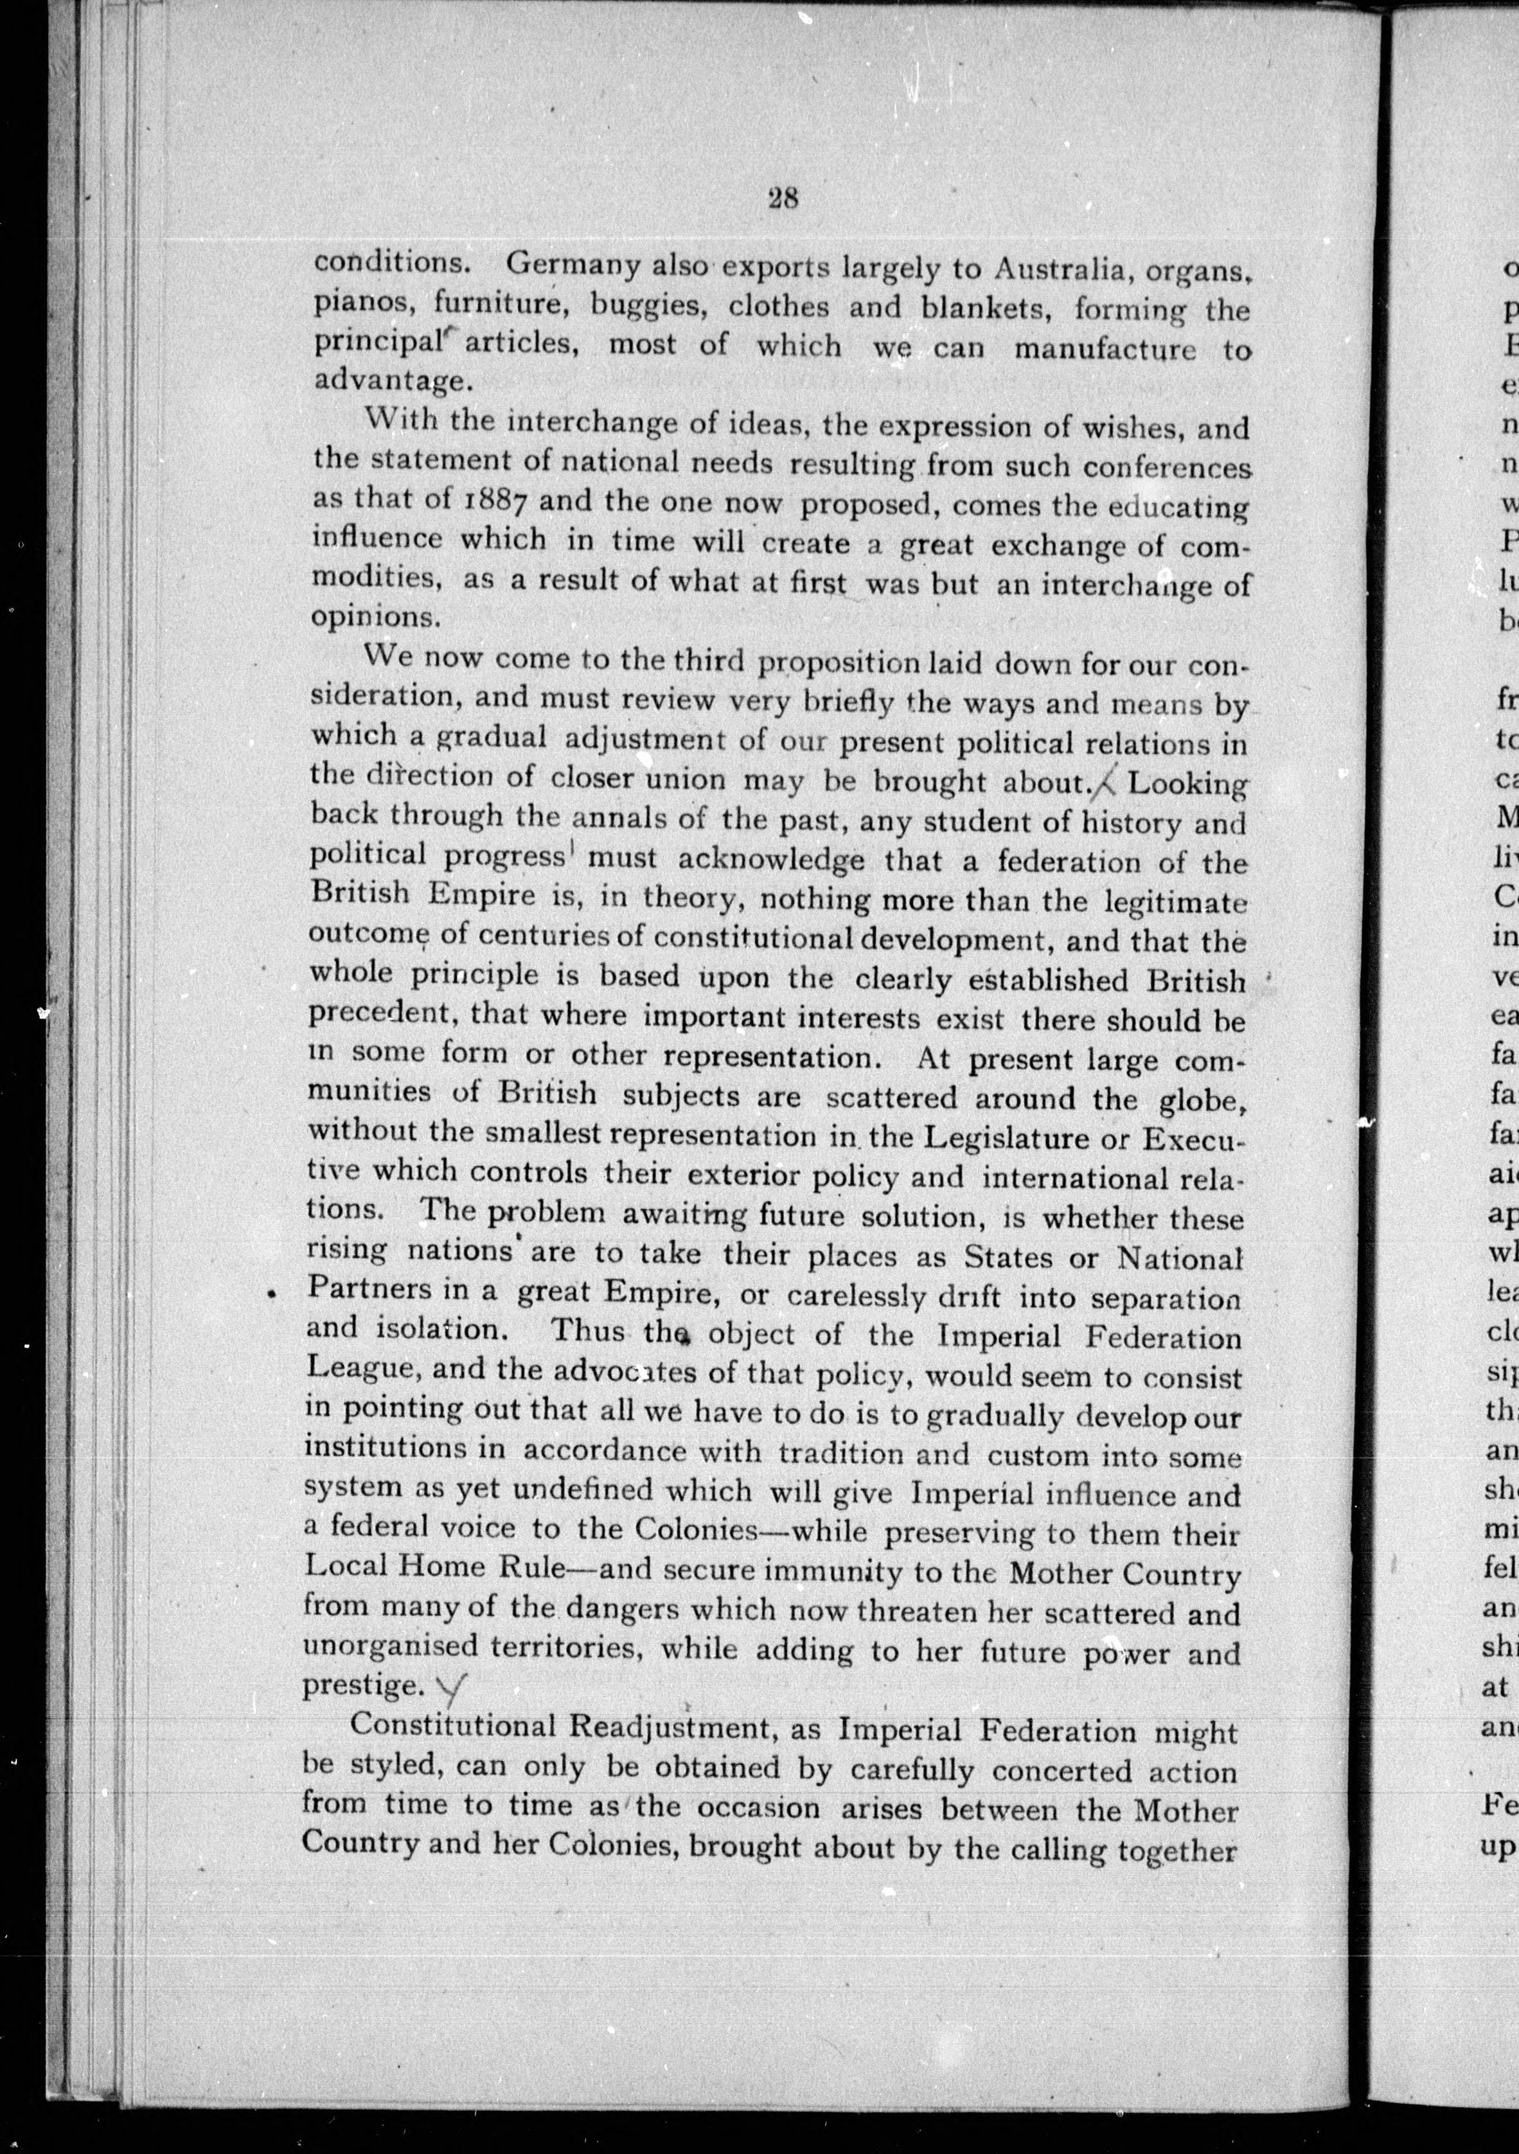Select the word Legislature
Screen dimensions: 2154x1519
click(x=995, y=1136)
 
